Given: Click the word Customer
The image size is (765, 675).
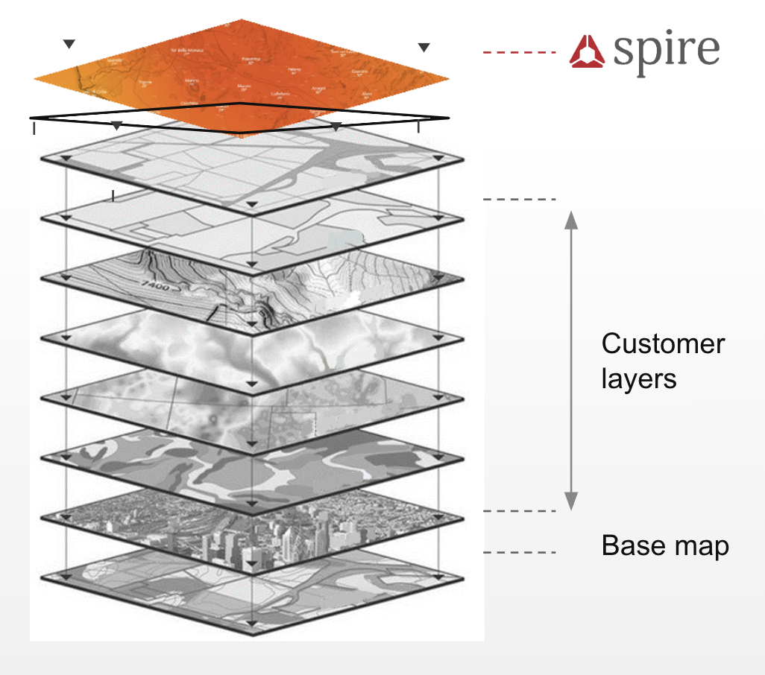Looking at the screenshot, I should pos(663,344).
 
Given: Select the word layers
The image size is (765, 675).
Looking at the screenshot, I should pos(639,378).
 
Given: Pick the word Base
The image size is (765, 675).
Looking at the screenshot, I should pos(632,546).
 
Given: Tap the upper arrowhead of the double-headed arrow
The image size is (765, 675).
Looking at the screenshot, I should pos(570,218).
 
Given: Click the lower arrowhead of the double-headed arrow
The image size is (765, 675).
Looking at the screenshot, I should pos(570,502).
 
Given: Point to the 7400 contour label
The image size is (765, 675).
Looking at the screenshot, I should pos(156,285).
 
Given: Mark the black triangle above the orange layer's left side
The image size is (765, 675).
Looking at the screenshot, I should pos(69,45).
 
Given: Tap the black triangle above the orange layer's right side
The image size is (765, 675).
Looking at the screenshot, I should pos(424,48).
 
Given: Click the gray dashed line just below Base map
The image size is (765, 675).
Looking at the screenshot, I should pos(520,552).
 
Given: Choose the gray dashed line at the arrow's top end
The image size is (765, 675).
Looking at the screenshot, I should pos(520,200).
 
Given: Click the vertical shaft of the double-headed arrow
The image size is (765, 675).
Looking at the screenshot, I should pos(570,358).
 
